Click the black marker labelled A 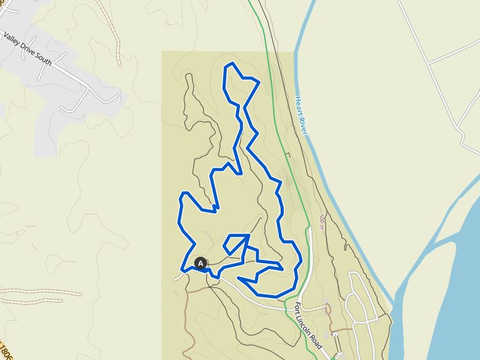click(200, 263)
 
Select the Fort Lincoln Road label click(307, 325)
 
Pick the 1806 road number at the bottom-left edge click(5, 351)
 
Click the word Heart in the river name click(300, 104)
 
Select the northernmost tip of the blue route click(232, 64)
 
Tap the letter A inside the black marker click(200, 263)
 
